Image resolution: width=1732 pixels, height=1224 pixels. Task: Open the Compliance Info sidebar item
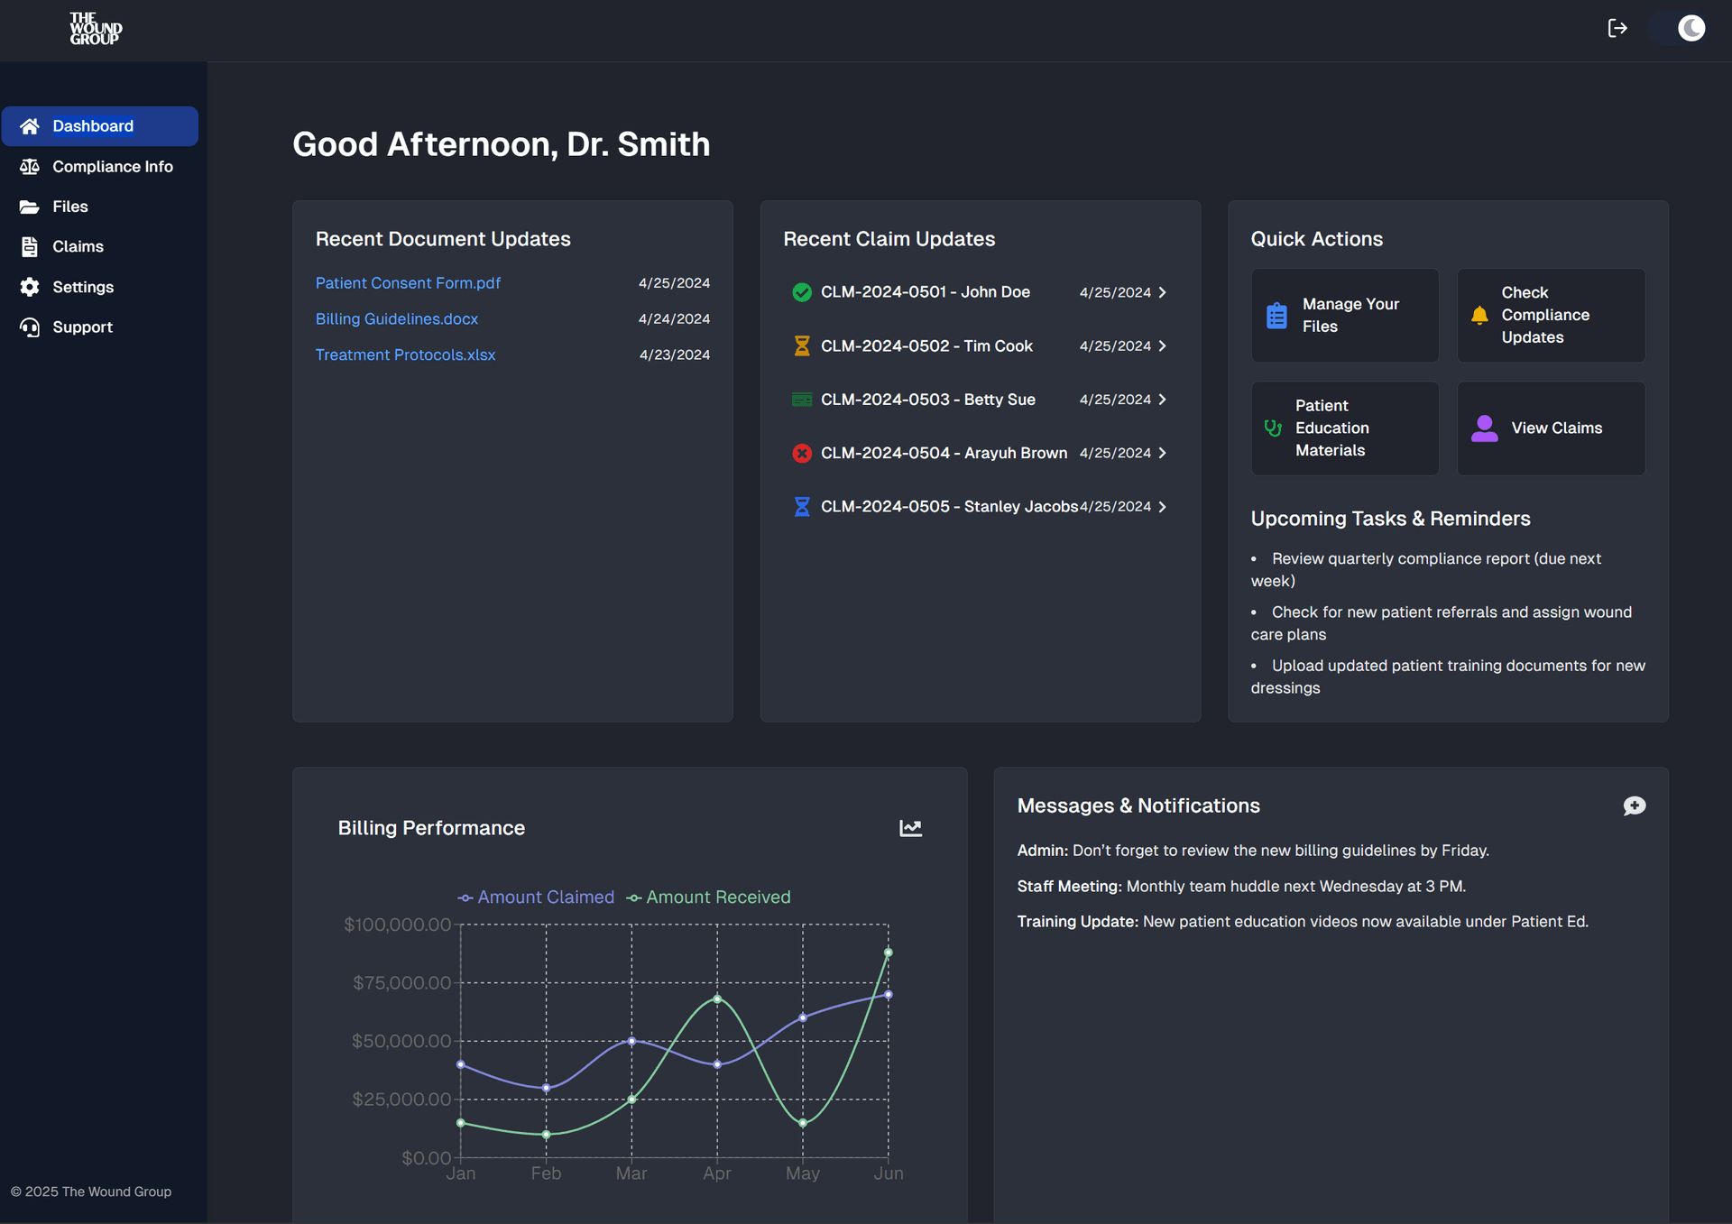click(112, 167)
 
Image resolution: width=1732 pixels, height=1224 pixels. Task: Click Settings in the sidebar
click(83, 287)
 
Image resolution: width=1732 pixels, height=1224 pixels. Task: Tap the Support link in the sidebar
click(82, 327)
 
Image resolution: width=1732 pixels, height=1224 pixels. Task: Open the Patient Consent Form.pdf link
click(408, 283)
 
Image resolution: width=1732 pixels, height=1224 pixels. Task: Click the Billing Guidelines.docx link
click(397, 319)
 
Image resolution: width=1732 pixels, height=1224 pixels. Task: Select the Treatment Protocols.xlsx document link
click(405, 355)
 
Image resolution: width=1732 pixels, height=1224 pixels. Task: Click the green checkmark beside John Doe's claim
click(801, 292)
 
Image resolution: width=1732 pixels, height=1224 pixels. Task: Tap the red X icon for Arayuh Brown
click(801, 453)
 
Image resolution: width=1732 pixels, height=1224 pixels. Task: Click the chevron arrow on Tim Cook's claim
click(1162, 346)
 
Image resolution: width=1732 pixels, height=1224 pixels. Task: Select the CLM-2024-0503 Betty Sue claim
click(927, 400)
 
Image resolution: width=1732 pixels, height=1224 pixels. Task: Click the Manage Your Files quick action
click(1344, 316)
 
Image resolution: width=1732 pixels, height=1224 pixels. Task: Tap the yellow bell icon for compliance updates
click(1479, 315)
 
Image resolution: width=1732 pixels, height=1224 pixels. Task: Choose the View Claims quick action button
click(1551, 428)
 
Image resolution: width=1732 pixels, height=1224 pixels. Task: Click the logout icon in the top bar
click(1617, 29)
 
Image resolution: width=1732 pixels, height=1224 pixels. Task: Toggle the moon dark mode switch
click(1680, 29)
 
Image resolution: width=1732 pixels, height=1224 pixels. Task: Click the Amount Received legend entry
click(709, 897)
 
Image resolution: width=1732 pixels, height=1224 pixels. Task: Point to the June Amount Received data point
click(889, 953)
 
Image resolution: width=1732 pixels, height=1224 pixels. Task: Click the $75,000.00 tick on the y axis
click(401, 983)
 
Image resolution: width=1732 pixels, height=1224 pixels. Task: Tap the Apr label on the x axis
click(717, 1173)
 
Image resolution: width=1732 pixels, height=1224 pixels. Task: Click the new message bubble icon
click(1634, 805)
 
